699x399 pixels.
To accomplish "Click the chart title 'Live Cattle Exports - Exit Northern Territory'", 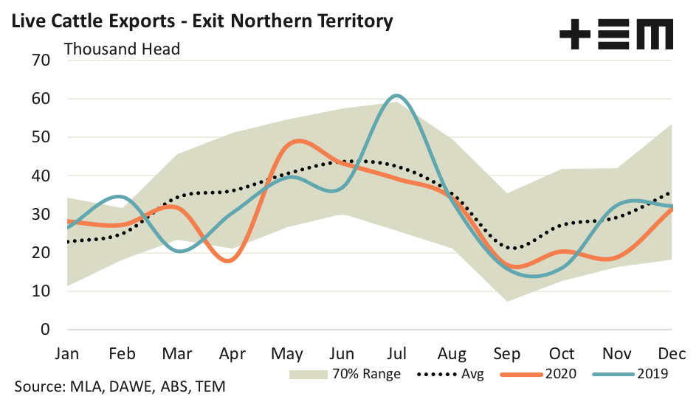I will tap(200, 20).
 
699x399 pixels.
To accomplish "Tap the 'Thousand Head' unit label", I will tap(123, 49).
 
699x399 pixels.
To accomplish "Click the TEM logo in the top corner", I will tap(616, 34).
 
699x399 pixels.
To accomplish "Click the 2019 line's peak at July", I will tap(396, 96).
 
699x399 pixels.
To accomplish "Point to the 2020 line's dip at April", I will tap(228, 261).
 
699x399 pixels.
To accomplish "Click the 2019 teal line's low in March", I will tap(180, 251).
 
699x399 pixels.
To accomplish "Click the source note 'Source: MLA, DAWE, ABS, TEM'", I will tap(120, 386).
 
